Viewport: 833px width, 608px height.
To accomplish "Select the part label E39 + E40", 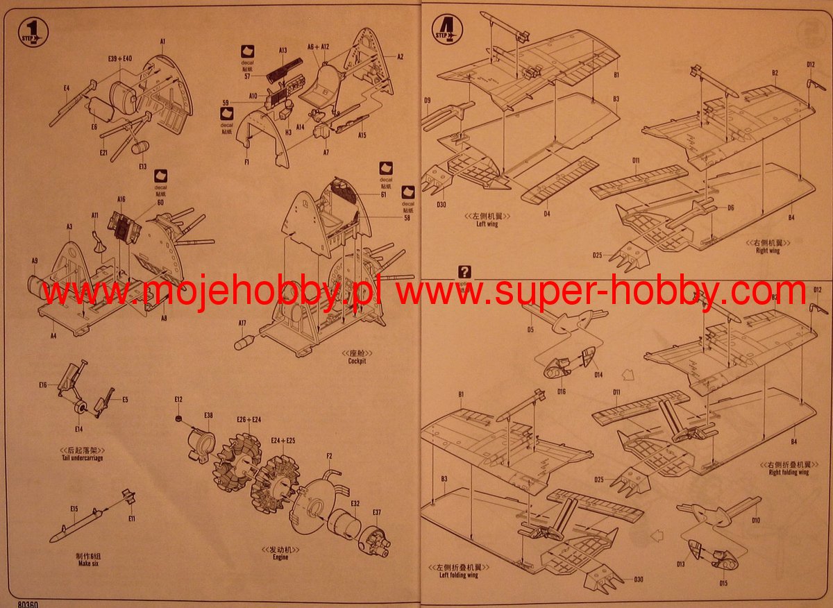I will tap(120, 59).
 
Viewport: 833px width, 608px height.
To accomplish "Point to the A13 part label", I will tap(283, 51).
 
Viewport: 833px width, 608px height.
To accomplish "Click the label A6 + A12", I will tap(318, 46).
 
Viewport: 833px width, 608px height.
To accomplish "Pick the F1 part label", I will tap(246, 161).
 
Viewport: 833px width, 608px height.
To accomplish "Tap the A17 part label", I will tap(242, 323).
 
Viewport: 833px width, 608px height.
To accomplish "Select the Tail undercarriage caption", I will tap(82, 458).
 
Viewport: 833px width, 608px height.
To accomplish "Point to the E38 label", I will tap(208, 415).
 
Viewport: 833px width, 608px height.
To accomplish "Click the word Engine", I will tap(280, 557).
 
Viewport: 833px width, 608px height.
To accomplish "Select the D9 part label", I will tap(427, 101).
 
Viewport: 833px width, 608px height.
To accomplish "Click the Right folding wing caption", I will tap(789, 472).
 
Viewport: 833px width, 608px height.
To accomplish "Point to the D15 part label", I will tap(723, 583).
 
